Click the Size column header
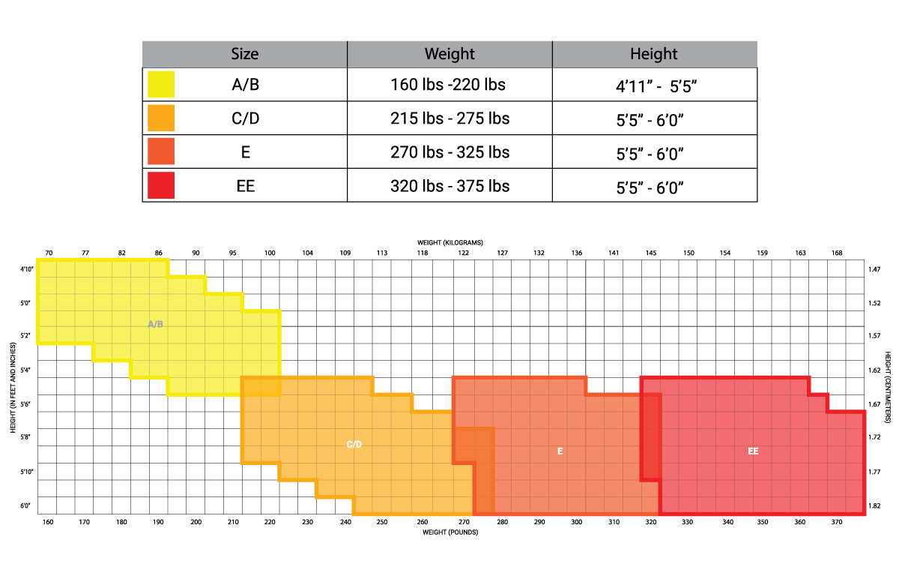click(x=245, y=54)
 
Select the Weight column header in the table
click(x=449, y=54)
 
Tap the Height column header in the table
click(x=653, y=54)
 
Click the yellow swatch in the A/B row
click(x=161, y=84)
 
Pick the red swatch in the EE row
click(x=161, y=185)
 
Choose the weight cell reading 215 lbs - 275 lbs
click(x=449, y=118)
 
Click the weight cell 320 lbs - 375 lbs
click(x=449, y=185)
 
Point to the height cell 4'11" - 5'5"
click(x=653, y=85)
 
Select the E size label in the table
click(x=245, y=152)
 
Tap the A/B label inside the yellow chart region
click(x=155, y=324)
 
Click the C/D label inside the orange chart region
click(x=354, y=445)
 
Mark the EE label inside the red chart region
click(x=753, y=451)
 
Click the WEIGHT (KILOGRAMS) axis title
click(x=450, y=243)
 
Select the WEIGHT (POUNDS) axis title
click(x=450, y=532)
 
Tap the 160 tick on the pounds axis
click(x=48, y=522)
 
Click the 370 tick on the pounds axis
click(x=836, y=522)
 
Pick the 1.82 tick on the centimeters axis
click(x=874, y=506)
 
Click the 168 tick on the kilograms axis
click(x=837, y=253)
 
